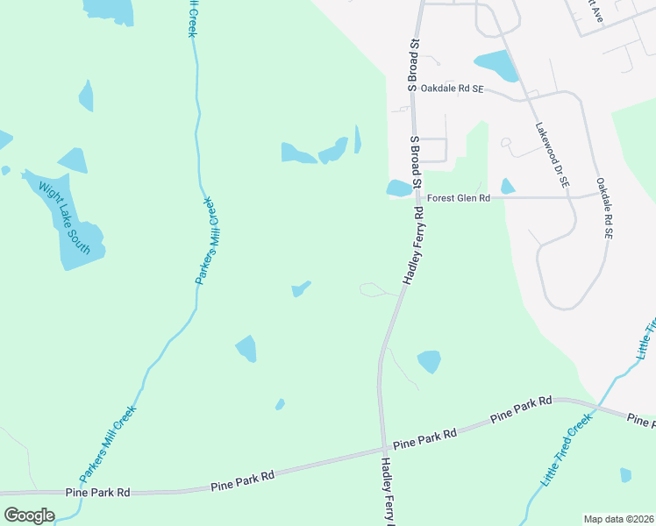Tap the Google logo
(x=29, y=515)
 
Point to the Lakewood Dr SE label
(x=552, y=154)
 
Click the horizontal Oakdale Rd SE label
(x=452, y=89)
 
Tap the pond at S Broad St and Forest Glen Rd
(x=398, y=188)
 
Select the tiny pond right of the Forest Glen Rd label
(x=507, y=186)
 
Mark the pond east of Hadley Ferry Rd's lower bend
(x=429, y=361)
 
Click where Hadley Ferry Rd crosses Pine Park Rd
(x=382, y=451)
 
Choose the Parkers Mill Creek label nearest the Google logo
(x=109, y=443)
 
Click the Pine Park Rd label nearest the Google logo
(x=97, y=493)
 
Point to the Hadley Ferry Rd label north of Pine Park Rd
(x=414, y=245)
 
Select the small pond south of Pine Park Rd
(x=625, y=475)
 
